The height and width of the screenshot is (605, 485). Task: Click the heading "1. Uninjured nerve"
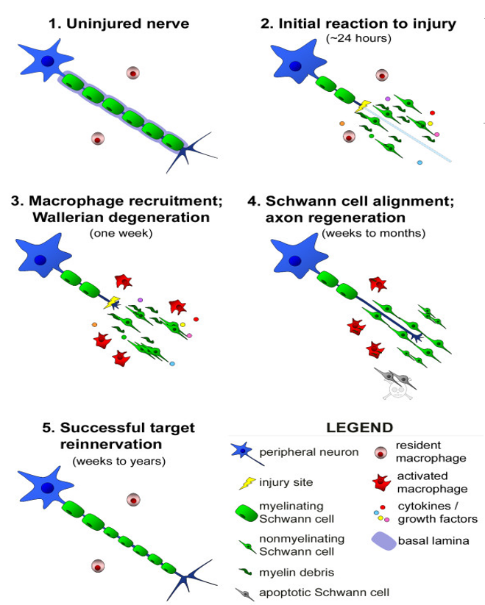[118, 24]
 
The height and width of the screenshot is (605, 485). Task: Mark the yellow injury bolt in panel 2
[362, 107]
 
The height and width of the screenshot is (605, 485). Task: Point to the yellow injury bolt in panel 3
[113, 301]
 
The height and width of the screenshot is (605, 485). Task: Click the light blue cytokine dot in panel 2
[419, 162]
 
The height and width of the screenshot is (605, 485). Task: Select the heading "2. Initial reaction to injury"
[358, 24]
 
